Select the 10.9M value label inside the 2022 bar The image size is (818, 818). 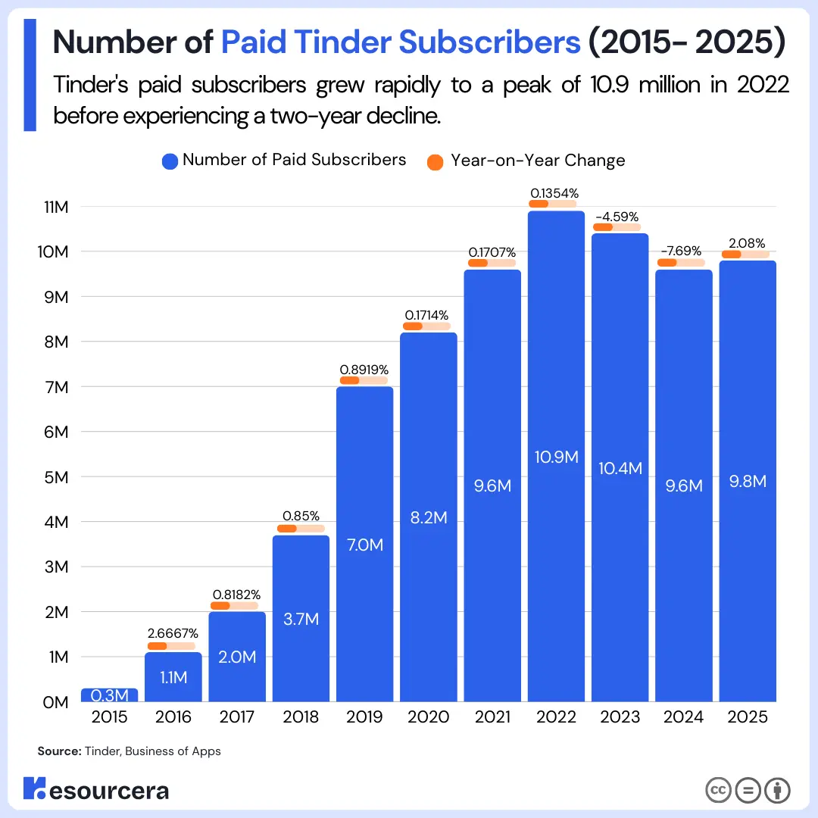pos(556,457)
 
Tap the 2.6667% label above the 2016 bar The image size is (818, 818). pos(173,632)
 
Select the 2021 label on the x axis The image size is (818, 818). pos(492,717)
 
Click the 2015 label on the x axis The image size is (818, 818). pos(109,717)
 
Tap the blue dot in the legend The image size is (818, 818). pos(170,161)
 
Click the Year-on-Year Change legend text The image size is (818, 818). pos(538,161)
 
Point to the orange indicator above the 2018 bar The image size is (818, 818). pos(287,529)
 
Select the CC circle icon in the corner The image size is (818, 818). pos(718,790)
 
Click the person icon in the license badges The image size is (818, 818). pos(777,790)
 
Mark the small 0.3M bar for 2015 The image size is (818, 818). pos(109,695)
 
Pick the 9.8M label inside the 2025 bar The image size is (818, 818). pos(747,482)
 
